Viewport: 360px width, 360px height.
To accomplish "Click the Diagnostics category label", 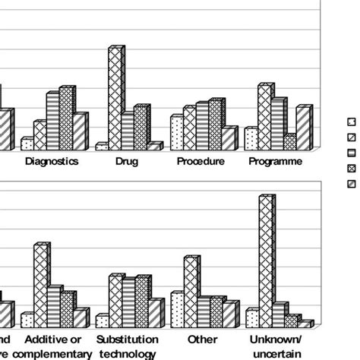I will point(52,162).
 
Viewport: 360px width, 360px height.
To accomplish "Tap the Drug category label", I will point(126,162).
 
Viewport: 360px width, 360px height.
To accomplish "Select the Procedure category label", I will point(201,162).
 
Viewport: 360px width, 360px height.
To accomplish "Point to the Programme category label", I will point(276,162).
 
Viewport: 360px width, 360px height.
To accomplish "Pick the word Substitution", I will point(128,339).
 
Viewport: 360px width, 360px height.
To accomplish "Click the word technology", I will point(128,353).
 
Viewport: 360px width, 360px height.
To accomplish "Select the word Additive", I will point(44,339).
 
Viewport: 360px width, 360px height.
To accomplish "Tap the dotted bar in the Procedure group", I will point(176,132).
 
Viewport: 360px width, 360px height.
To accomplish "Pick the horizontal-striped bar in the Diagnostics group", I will point(52,121).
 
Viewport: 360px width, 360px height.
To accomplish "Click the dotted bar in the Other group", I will point(177,308).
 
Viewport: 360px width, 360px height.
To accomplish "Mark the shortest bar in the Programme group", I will point(289,141).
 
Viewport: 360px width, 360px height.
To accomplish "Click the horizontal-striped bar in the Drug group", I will point(128,130).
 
